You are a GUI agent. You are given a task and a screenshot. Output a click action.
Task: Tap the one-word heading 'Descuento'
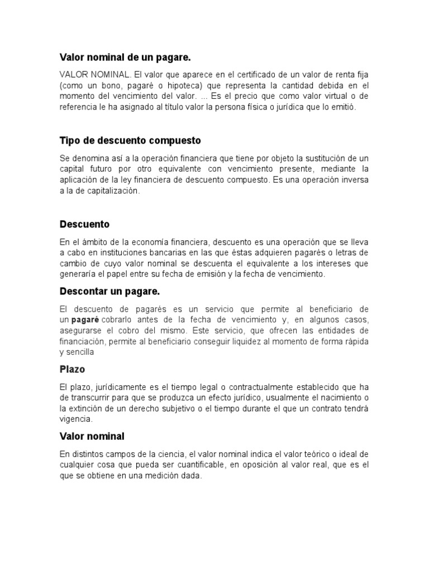coord(84,224)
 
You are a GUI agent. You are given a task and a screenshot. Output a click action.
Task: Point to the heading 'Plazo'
coord(72,369)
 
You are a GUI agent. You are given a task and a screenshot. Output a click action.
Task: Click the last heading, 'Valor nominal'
coord(92,436)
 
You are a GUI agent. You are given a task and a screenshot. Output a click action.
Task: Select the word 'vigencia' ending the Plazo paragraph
coord(75,418)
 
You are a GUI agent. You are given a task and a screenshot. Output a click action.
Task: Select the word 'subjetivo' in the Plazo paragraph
coord(206,408)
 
